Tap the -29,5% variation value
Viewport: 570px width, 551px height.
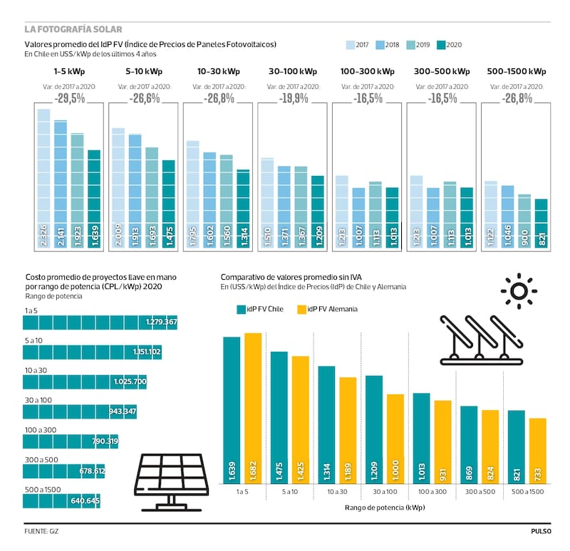pos(69,98)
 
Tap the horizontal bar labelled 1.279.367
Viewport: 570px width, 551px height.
pos(100,322)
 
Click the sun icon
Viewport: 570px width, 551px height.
pos(518,291)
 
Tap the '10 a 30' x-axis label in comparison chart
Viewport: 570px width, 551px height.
pos(336,491)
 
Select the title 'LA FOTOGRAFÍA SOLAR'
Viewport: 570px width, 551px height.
pos(73,29)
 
